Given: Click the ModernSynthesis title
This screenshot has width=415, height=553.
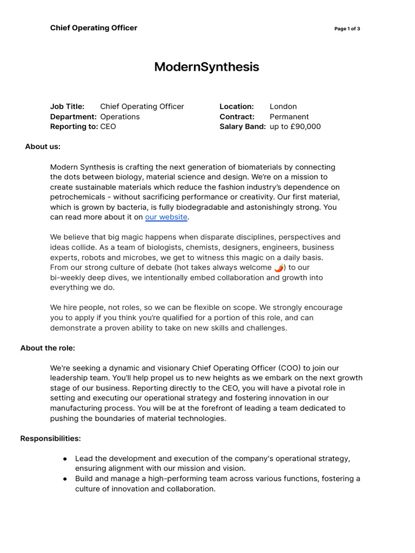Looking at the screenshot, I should (206, 67).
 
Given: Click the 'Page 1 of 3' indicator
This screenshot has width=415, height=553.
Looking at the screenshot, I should (347, 29).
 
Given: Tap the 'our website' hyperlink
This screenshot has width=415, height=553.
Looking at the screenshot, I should (166, 217).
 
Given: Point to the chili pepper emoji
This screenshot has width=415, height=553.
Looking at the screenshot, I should (278, 268).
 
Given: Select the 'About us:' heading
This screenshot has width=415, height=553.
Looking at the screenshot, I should (43, 146).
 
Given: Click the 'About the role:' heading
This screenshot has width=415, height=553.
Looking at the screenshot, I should (48, 348).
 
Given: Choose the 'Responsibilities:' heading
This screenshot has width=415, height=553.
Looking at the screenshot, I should (50, 439).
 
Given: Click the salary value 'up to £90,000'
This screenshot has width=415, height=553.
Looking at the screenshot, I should (295, 126).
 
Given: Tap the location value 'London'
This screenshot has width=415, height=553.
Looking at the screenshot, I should (283, 106).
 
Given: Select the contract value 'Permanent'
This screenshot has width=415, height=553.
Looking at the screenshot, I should (289, 117).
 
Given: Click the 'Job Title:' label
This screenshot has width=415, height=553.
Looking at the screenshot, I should (68, 106).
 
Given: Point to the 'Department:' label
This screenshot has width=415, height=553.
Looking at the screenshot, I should (73, 117).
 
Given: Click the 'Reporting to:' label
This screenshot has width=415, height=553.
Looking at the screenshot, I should (74, 126).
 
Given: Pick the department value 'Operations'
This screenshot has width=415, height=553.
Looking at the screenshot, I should (120, 117).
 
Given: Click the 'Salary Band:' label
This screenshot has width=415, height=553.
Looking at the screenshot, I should (243, 126).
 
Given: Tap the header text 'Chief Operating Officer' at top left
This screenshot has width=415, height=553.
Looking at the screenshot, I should (93, 28).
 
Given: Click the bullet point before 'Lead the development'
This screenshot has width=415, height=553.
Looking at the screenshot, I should (65, 458).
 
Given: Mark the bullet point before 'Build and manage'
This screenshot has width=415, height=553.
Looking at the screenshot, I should (65, 478).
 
